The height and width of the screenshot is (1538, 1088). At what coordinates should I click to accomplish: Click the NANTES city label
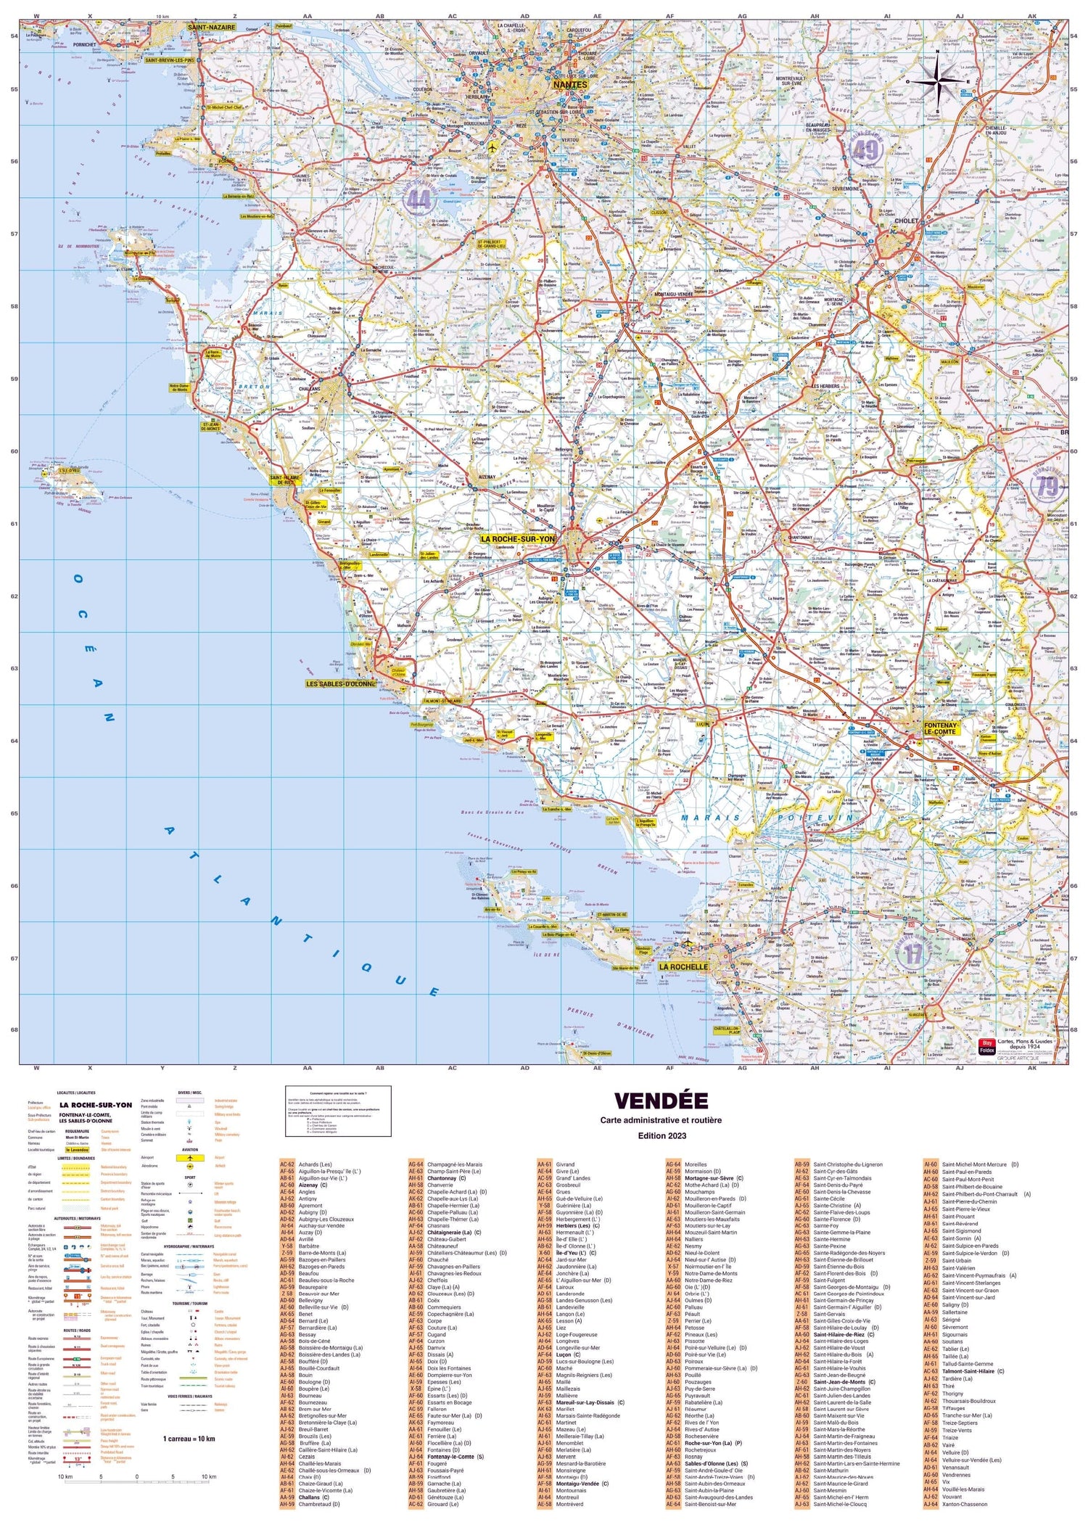click(570, 85)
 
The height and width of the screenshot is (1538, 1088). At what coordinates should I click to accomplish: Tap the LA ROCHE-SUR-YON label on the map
click(517, 539)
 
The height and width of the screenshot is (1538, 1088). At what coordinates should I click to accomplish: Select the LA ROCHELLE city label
click(683, 967)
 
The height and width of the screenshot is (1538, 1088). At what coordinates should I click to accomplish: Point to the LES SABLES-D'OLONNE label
click(340, 684)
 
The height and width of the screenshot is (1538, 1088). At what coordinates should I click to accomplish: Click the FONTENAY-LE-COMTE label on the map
click(941, 728)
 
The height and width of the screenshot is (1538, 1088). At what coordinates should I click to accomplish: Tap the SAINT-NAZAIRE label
click(211, 27)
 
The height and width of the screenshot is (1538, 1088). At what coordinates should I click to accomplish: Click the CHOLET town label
click(907, 221)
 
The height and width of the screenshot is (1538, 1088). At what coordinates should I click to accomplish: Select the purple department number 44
click(419, 198)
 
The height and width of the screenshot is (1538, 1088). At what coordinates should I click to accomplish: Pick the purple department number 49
click(865, 150)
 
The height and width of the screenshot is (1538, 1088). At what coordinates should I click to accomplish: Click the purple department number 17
click(912, 954)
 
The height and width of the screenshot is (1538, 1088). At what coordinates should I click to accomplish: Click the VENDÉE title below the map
click(661, 1101)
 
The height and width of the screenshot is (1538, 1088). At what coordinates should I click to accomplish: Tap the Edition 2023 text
click(661, 1135)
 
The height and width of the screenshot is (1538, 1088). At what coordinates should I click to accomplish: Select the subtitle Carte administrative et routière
click(661, 1120)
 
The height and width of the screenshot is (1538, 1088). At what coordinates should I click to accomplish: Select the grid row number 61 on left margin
click(14, 524)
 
